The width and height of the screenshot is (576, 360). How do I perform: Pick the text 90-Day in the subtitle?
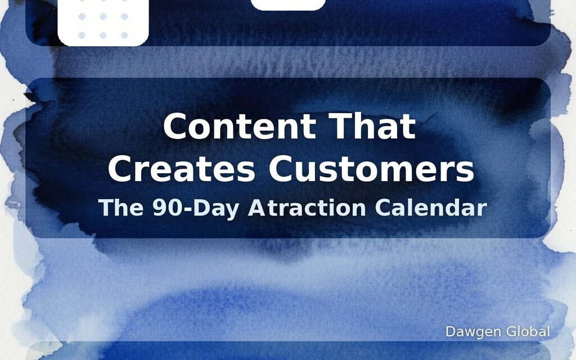pos(188,208)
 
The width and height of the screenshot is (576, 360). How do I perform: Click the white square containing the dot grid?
pos(103,22)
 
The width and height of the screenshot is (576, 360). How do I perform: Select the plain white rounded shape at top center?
pos(288,4)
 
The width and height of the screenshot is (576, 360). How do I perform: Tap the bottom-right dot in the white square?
pos(124,35)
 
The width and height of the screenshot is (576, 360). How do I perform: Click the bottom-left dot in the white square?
pos(82,35)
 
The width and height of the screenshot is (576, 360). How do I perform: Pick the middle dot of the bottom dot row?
pos(103,35)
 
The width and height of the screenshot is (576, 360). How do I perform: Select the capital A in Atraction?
pos(257,208)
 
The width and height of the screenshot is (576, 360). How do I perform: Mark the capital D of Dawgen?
pos(450,332)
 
